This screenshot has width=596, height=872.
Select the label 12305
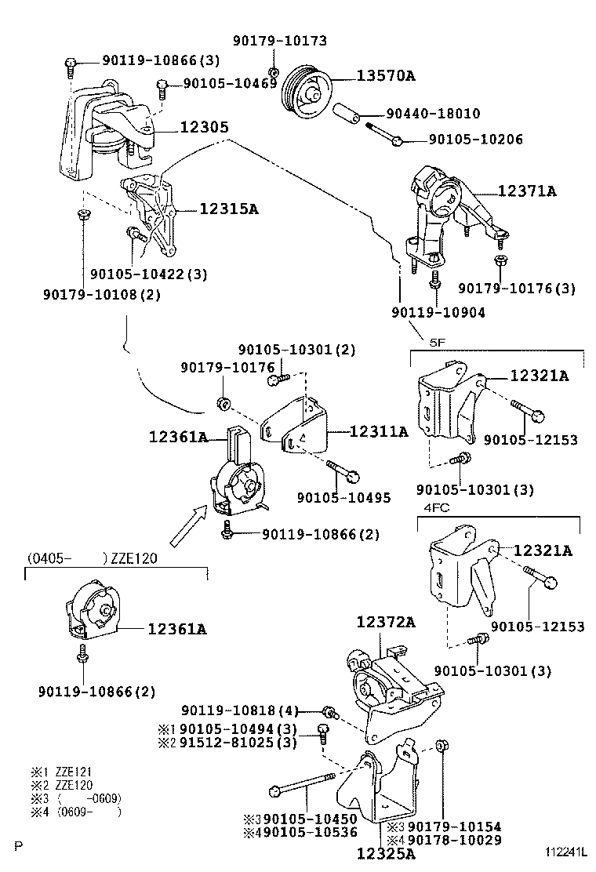(204, 126)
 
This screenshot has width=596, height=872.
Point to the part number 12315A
(228, 209)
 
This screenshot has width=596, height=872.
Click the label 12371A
(528, 191)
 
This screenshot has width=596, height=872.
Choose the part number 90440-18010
(432, 114)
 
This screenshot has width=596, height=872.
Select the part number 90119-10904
(438, 312)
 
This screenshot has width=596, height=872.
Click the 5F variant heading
(437, 341)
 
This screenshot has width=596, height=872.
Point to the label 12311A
(379, 431)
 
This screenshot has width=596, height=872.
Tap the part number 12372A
(386, 622)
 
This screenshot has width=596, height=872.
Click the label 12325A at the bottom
(386, 853)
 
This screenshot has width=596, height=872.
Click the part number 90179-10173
(280, 41)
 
